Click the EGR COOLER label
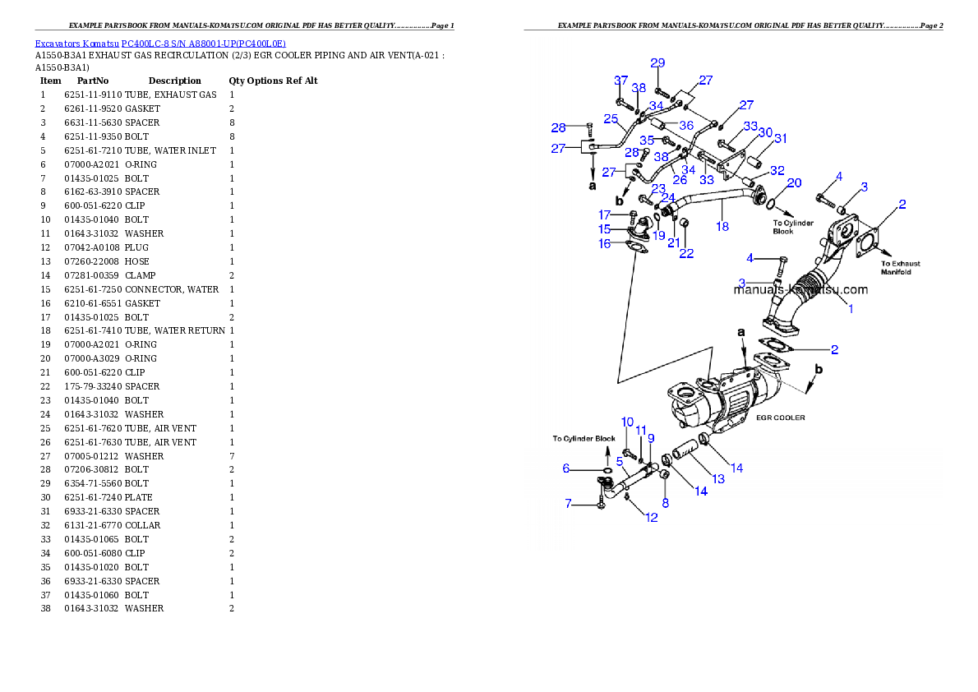(x=780, y=418)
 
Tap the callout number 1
(x=851, y=309)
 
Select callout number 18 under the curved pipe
(x=722, y=226)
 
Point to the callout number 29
(x=657, y=63)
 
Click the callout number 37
(x=621, y=80)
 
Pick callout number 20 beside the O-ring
(x=794, y=182)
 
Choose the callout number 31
(x=780, y=138)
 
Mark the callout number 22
(x=686, y=253)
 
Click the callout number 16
(x=604, y=244)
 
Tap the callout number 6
(x=565, y=468)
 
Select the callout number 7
(x=565, y=503)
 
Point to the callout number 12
(x=651, y=518)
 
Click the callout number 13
(x=718, y=478)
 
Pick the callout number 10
(x=627, y=422)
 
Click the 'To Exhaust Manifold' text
(x=901, y=268)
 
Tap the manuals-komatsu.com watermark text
(x=800, y=289)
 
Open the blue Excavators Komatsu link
(x=160, y=44)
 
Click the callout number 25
(x=611, y=119)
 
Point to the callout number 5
(x=620, y=461)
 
